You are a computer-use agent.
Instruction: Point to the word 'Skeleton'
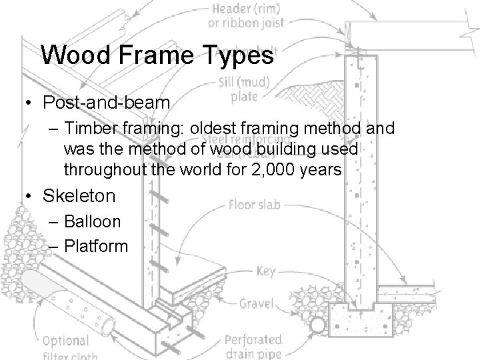pos(79,196)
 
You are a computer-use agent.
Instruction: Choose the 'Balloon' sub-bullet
pos(93,221)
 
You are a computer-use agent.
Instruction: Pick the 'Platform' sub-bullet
pos(96,245)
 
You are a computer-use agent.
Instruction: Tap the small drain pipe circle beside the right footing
pos(319,326)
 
